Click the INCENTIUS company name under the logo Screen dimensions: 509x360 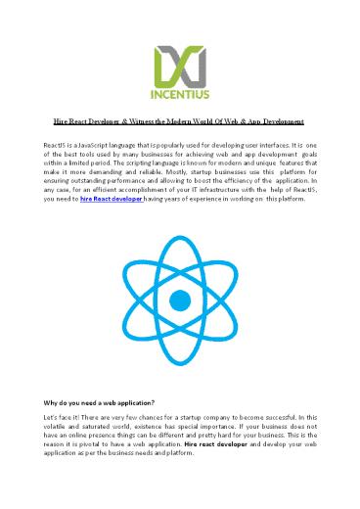(x=179, y=96)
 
